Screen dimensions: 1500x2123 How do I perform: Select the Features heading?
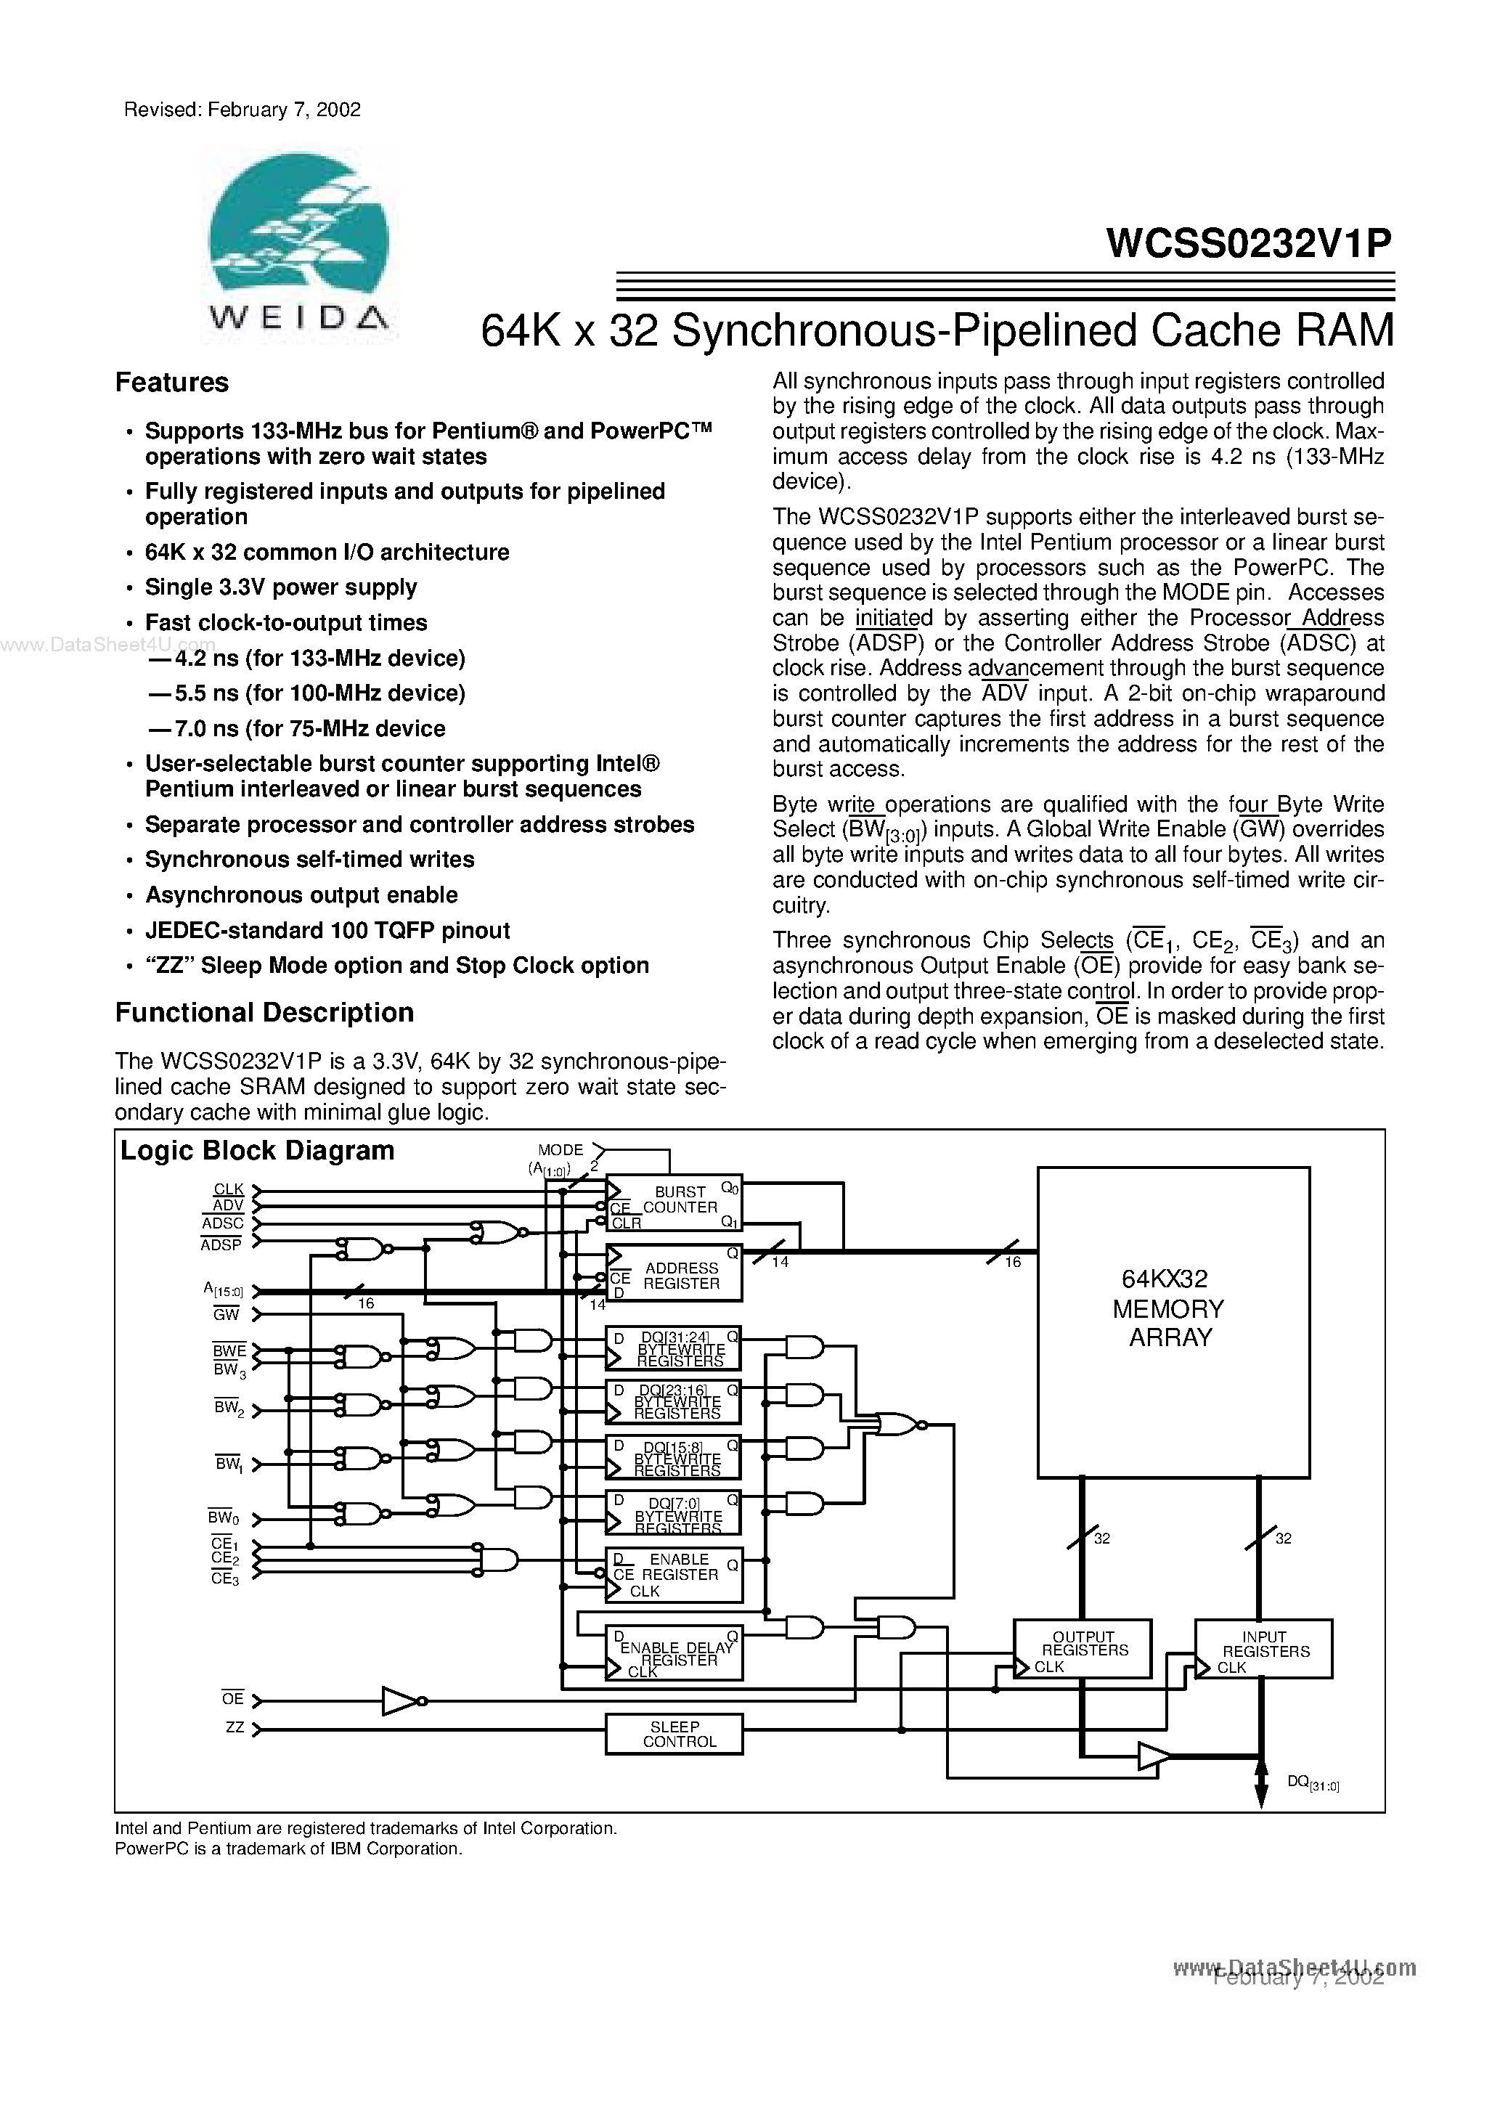(171, 383)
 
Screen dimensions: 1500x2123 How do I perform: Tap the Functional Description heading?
(264, 1013)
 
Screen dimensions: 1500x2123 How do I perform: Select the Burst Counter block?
(674, 1203)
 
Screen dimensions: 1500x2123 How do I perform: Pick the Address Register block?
(674, 1275)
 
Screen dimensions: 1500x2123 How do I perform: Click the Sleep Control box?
(674, 1734)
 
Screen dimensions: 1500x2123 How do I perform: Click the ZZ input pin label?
(235, 1727)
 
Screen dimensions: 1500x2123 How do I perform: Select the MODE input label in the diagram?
(561, 1149)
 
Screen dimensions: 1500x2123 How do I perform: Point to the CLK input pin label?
(229, 1189)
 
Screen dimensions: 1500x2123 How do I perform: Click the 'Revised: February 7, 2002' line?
(242, 110)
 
